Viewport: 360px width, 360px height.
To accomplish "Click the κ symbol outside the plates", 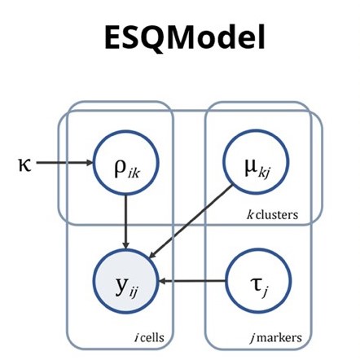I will [x=24, y=163].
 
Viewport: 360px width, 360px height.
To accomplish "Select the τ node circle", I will [x=255, y=282].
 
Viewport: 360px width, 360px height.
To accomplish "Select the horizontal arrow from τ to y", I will [x=191, y=282].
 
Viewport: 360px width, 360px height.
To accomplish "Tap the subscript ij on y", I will [x=134, y=288].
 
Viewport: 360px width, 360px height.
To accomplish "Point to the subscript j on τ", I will [x=262, y=288].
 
